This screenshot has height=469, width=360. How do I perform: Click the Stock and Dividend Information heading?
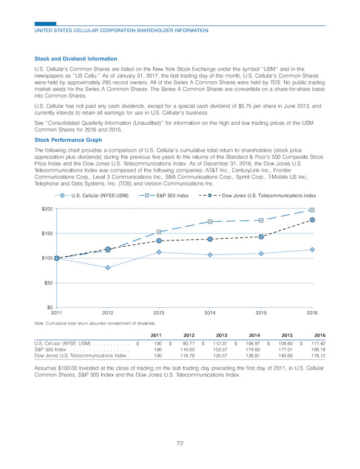pyautogui.click(x=76, y=59)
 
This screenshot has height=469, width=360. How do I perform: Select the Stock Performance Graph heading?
pyautogui.click(x=68, y=140)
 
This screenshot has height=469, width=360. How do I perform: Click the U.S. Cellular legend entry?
pyautogui.click(x=92, y=196)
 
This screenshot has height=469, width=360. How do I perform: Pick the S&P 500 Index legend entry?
pyautogui.click(x=164, y=196)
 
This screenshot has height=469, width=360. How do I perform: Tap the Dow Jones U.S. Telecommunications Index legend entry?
pyautogui.click(x=258, y=196)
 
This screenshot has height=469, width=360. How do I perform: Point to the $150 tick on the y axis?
pyautogui.click(x=47, y=234)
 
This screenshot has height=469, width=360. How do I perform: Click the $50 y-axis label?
pyautogui.click(x=48, y=283)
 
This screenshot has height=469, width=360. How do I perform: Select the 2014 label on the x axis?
pyautogui.click(x=210, y=313)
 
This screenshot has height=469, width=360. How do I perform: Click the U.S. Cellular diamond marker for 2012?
pyautogui.click(x=108, y=268)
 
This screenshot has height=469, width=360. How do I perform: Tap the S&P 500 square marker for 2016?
pyautogui.click(x=312, y=210)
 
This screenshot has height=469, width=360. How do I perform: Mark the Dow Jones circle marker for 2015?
pyautogui.click(x=261, y=237)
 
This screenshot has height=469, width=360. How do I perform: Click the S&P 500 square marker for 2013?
pyautogui.click(x=159, y=232)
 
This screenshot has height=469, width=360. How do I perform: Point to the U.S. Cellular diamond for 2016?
pyautogui.click(x=312, y=250)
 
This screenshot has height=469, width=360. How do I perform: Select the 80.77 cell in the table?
pyautogui.click(x=189, y=344)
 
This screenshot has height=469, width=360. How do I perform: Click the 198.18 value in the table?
pyautogui.click(x=319, y=350)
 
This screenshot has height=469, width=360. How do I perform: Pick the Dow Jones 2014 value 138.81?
pyautogui.click(x=254, y=356)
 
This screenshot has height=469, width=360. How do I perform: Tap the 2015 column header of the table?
pyautogui.click(x=287, y=335)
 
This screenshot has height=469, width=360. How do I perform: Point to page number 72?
pyautogui.click(x=180, y=444)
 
